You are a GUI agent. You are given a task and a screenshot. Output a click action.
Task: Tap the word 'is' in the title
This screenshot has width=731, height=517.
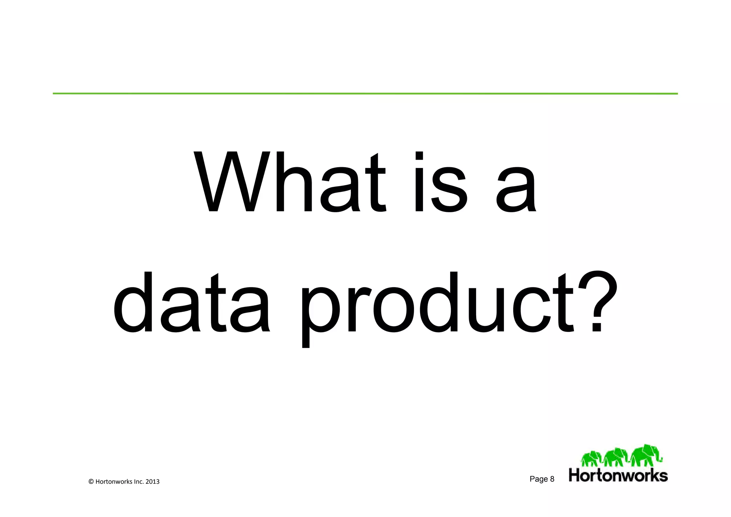click(x=440, y=182)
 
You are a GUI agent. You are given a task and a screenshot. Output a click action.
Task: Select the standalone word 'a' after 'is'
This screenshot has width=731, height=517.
click(x=516, y=189)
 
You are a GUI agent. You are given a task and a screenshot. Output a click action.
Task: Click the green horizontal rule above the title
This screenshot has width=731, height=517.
click(x=365, y=94)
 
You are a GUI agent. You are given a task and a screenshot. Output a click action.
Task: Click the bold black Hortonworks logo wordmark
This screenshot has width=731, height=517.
click(x=618, y=476)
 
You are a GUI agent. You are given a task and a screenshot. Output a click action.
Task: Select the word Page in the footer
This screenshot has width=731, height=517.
click(x=538, y=479)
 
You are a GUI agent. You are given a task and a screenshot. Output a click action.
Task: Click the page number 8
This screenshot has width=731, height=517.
click(x=552, y=479)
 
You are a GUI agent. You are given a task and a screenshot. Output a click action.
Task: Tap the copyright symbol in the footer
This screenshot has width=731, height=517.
click(x=91, y=482)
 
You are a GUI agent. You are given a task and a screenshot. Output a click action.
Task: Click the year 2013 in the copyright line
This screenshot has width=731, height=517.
click(x=152, y=482)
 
